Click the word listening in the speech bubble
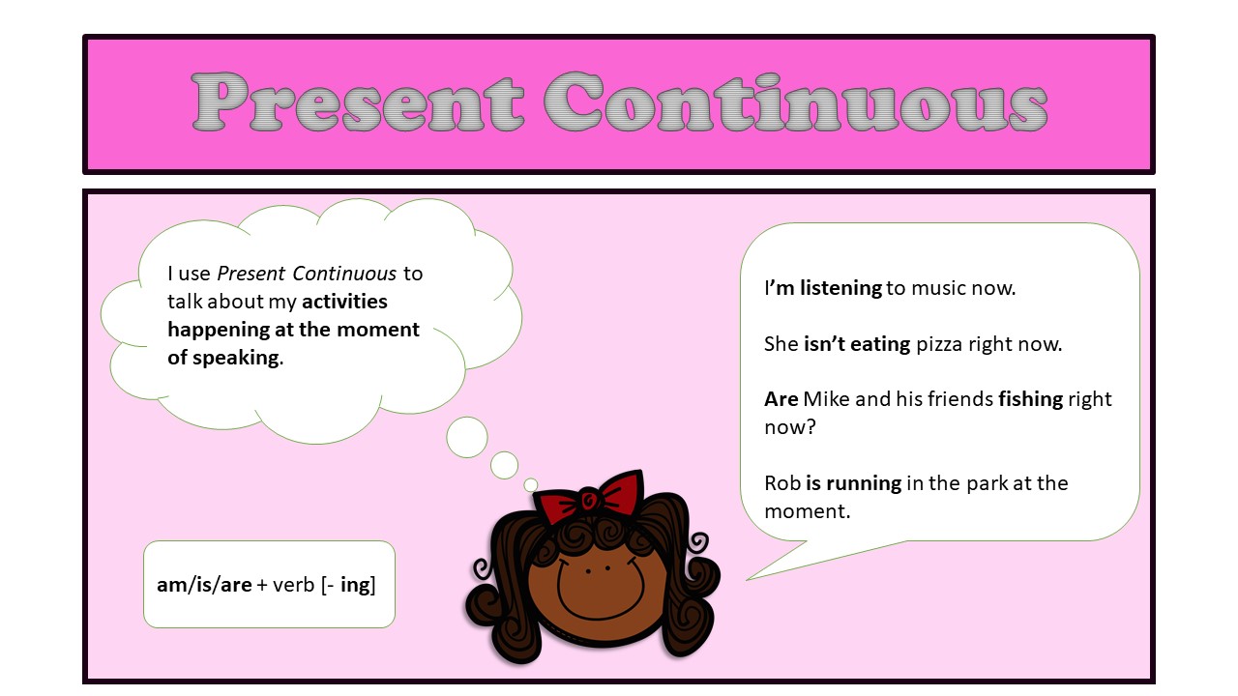[x=840, y=287]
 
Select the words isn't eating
[x=857, y=343]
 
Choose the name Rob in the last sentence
[x=781, y=482]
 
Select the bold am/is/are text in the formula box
[x=204, y=585]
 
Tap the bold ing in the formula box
[x=356, y=585]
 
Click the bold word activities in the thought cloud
[x=344, y=302]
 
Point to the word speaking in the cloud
[x=236, y=357]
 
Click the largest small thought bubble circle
[x=467, y=437]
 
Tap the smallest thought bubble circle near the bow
[x=530, y=484]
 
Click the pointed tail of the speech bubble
[x=754, y=577]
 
